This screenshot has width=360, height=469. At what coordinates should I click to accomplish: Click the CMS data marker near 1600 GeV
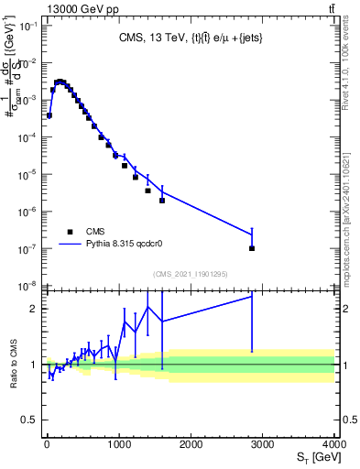(x=162, y=200)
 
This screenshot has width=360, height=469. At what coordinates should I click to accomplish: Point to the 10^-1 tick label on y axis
(x=27, y=26)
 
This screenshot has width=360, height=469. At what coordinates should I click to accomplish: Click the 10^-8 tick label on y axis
(x=27, y=286)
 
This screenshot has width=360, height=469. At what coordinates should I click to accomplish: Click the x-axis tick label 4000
(x=335, y=443)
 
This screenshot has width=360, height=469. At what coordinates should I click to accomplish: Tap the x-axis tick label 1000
(x=119, y=443)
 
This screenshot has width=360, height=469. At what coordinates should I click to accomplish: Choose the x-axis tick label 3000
(x=263, y=443)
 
